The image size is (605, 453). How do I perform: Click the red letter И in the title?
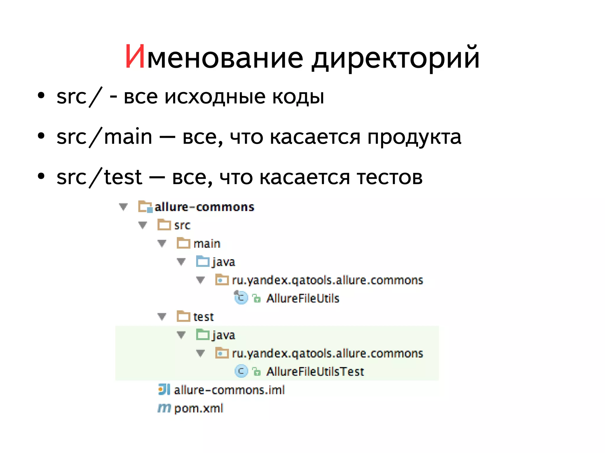pos(135,57)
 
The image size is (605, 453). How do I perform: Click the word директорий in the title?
pos(396,58)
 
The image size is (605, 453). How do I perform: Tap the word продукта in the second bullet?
pos(414,138)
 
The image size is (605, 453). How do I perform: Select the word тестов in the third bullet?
pos(390,177)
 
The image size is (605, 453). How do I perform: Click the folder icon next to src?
pos(164,225)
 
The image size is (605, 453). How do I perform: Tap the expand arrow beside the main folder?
pos(162,243)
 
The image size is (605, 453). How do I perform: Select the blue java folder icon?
pos(203,261)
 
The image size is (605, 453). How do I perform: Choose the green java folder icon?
pos(203,335)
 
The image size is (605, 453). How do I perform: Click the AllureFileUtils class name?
pos(303,298)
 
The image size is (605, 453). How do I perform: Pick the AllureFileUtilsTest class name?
pos(315,372)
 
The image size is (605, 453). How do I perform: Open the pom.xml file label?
pos(199,408)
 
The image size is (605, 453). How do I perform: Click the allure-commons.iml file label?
pos(229,390)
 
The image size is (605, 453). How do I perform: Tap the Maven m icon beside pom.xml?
pos(164,408)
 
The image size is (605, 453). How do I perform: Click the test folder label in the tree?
pos(203,317)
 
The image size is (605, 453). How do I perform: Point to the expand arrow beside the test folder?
pos(162,317)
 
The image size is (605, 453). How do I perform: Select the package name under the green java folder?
pos(327,353)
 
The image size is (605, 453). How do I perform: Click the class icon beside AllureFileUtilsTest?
pos(241,371)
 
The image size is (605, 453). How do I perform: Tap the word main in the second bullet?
pos(128,138)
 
